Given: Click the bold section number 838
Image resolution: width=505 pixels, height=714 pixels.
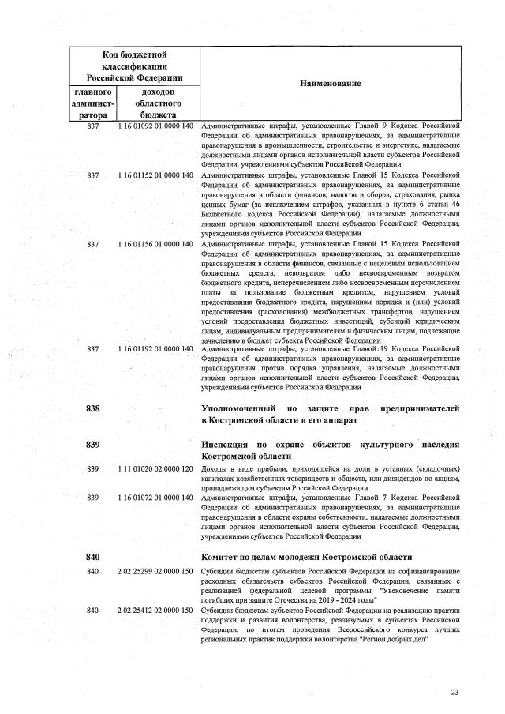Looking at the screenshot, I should click(x=93, y=408).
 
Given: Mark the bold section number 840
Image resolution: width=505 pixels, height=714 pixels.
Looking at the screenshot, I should click(x=93, y=557).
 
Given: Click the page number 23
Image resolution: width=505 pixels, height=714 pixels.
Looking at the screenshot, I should click(x=454, y=693).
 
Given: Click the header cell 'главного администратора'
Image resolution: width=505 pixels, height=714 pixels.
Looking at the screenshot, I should click(x=93, y=103).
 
